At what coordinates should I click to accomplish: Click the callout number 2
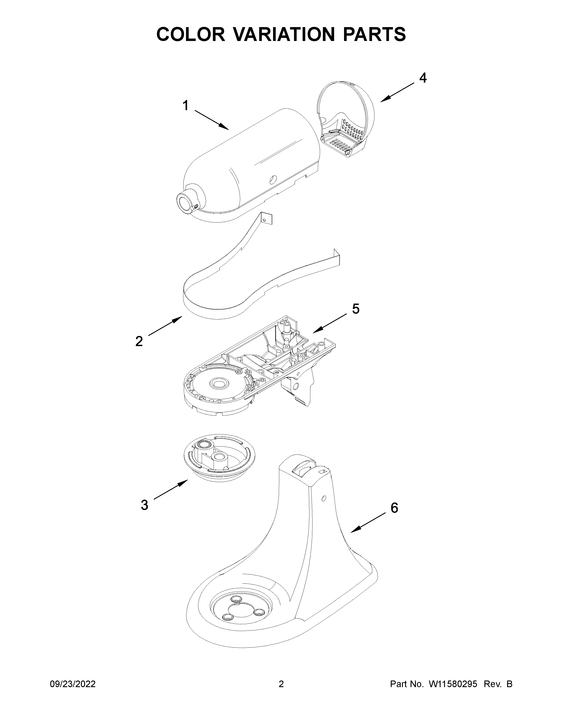(139, 341)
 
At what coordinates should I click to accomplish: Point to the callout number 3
(144, 505)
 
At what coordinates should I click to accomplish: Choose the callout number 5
(355, 309)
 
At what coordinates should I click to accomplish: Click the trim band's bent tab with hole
(266, 219)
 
